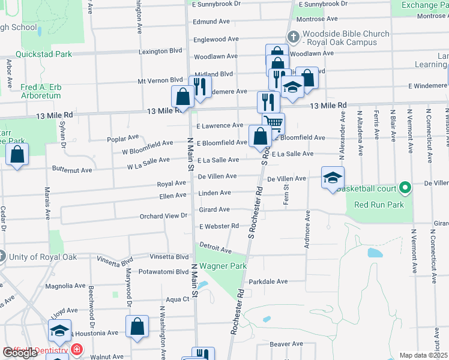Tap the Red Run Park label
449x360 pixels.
[379, 205]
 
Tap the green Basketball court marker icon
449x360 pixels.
[405, 189]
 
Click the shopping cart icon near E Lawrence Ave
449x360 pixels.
[273, 123]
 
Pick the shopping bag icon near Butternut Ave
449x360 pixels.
[17, 155]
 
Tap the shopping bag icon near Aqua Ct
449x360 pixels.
[137, 327]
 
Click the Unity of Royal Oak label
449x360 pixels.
[38, 258]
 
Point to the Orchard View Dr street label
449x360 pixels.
[163, 216]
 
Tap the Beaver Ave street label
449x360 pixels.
[286, 344]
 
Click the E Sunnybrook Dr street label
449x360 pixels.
[216, 4]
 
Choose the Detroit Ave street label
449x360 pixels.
[215, 248]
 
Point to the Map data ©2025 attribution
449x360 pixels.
[423, 355]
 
